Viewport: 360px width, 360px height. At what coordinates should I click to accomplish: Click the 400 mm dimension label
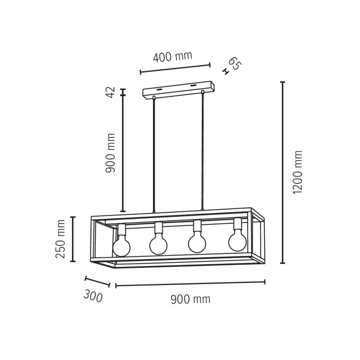[173, 56]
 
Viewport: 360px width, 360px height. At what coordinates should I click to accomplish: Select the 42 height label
[110, 92]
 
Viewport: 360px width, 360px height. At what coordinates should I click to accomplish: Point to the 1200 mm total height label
[298, 172]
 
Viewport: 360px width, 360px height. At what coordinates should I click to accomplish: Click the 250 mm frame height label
[61, 239]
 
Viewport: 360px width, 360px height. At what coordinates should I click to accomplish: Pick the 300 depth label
[92, 296]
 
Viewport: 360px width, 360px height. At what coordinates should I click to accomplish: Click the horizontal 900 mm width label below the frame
[190, 299]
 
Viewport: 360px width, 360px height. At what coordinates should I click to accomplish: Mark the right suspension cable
[203, 151]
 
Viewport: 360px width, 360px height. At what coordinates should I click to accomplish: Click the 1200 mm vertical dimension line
[283, 173]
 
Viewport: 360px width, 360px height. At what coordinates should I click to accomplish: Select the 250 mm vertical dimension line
[73, 239]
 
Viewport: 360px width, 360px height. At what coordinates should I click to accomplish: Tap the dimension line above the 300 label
[97, 282]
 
